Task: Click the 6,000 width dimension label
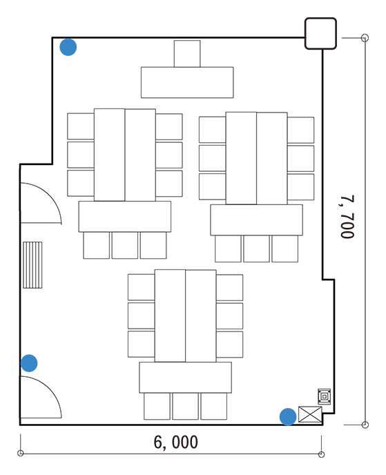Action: (x=175, y=442)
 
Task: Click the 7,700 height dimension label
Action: (x=347, y=216)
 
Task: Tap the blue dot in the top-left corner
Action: (x=68, y=47)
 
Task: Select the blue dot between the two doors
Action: (x=29, y=363)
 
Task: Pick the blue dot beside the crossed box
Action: (x=288, y=416)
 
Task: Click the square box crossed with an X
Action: (x=310, y=414)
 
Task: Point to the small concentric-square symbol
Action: (x=324, y=396)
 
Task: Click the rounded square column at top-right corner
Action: (x=320, y=33)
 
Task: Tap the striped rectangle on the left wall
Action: (x=32, y=264)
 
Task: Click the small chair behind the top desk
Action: (x=187, y=54)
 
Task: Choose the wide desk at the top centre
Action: (x=187, y=82)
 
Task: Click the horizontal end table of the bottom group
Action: (x=186, y=378)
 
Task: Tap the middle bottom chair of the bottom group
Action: (x=186, y=406)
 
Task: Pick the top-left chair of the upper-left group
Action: (x=81, y=126)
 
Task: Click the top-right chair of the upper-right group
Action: (x=300, y=130)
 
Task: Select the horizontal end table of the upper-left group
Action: (x=125, y=217)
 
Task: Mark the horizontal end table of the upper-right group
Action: (x=257, y=220)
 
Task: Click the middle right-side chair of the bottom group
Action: (x=229, y=316)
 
